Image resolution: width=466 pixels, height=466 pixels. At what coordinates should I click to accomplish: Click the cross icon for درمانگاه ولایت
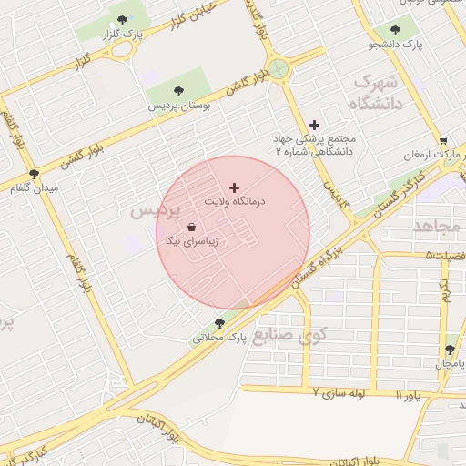pyautogui.click(x=234, y=187)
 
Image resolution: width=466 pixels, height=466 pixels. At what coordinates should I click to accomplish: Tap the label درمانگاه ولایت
pyautogui.click(x=234, y=200)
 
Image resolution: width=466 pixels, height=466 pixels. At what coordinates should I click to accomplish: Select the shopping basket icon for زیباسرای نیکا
pyautogui.click(x=191, y=228)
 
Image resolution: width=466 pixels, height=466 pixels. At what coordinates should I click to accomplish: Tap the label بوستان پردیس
pyautogui.click(x=180, y=106)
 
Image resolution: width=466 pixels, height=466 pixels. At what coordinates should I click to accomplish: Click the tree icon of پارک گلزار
pyautogui.click(x=122, y=19)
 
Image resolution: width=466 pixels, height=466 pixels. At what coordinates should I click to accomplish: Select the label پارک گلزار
pyautogui.click(x=124, y=34)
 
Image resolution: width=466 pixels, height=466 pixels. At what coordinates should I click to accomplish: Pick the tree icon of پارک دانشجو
pyautogui.click(x=394, y=28)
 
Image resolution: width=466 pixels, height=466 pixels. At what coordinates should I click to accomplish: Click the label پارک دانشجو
pyautogui.click(x=396, y=43)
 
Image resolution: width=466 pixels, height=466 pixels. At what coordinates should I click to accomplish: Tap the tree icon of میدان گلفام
pyautogui.click(x=35, y=173)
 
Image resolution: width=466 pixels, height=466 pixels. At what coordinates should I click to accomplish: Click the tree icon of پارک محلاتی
pyautogui.click(x=219, y=323)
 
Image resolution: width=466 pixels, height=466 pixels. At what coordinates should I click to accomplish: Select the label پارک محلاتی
pyautogui.click(x=218, y=338)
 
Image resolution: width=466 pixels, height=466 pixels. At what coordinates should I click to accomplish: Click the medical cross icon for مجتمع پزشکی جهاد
pyautogui.click(x=315, y=125)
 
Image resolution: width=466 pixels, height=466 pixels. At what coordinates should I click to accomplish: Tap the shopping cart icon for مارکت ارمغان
pyautogui.click(x=443, y=141)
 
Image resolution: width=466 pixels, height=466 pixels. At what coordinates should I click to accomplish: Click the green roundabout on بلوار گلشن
pyautogui.click(x=279, y=69)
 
